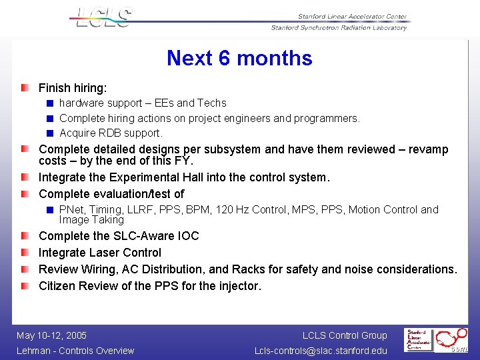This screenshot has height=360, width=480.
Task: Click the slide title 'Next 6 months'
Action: [239, 58]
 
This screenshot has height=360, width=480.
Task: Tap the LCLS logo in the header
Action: [103, 17]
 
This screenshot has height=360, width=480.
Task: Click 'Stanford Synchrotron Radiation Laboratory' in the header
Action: [339, 28]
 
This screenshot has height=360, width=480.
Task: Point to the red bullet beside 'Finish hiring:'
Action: [25, 88]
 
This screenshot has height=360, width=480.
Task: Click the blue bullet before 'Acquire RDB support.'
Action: [50, 133]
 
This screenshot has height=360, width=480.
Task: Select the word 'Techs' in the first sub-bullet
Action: [211, 103]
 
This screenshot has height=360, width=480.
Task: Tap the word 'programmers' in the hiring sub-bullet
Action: [325, 119]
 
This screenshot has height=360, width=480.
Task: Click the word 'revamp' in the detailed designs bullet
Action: [425, 149]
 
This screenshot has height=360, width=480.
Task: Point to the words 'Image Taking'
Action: [91, 220]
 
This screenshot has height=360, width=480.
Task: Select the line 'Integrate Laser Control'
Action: [100, 253]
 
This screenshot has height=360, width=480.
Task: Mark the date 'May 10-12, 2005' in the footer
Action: [52, 335]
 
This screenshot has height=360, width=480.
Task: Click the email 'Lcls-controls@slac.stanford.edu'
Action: [320, 351]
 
